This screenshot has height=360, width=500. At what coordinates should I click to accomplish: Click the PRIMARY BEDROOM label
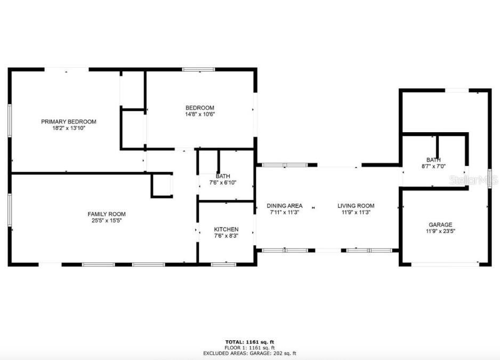(69, 122)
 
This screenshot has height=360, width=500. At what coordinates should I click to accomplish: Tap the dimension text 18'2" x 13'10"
(69, 129)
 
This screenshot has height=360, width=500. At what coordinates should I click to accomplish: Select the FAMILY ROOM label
(107, 214)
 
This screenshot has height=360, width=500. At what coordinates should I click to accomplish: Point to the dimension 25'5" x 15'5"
(107, 220)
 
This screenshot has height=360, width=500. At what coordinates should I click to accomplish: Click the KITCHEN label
(226, 229)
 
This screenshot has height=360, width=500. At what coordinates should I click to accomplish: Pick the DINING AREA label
(285, 206)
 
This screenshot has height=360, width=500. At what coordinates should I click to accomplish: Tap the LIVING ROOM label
(356, 206)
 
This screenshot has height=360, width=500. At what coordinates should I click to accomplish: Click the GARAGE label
(440, 225)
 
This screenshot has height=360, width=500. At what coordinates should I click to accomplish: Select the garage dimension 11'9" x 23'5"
(440, 231)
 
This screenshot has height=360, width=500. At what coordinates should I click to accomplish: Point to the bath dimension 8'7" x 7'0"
(433, 166)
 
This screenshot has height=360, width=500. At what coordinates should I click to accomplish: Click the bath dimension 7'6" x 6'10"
(223, 183)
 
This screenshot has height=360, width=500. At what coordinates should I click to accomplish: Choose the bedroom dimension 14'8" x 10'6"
(200, 114)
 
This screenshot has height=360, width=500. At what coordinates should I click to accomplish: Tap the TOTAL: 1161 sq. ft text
(249, 342)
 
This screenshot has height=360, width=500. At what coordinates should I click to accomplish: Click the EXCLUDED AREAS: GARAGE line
(249, 353)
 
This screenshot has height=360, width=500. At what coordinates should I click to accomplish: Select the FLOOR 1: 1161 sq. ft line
(249, 348)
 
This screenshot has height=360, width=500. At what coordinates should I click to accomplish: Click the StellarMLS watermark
(474, 180)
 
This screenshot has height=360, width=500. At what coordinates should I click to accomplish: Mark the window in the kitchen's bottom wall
(223, 264)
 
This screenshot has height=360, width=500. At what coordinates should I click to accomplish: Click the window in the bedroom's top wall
(198, 69)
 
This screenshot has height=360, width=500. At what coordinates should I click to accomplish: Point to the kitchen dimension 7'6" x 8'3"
(226, 236)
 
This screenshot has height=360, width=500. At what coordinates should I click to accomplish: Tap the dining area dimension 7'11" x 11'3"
(285, 212)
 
